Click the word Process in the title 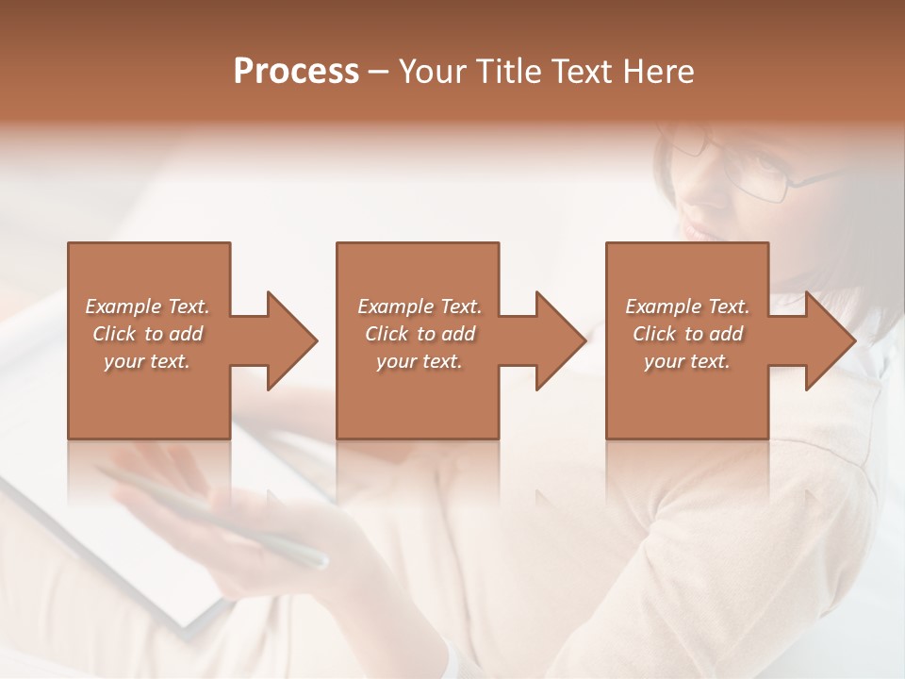click(296, 72)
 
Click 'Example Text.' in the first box click(147, 306)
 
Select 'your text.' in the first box click(147, 361)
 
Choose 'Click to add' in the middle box click(420, 334)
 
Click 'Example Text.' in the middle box click(420, 306)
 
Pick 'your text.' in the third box click(686, 361)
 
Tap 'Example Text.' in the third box click(687, 306)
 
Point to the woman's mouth click(696, 231)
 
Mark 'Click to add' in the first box click(147, 334)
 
